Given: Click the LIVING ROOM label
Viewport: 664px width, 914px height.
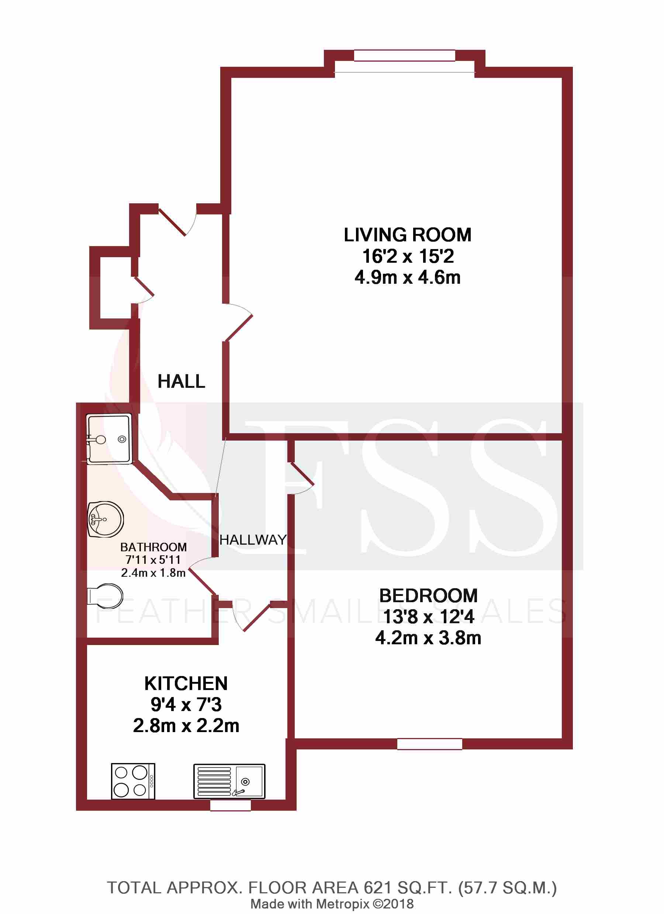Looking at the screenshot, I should coord(407,235).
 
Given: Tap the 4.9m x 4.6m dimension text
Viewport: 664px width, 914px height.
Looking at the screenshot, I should coord(407,277).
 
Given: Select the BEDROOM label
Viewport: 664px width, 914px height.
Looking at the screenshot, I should coord(428,596).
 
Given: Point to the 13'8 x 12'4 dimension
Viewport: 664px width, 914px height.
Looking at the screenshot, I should coord(428,617).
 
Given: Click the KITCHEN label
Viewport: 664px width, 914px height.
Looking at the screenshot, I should coord(186,683).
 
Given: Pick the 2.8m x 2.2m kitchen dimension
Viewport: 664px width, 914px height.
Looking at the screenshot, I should coord(186,726).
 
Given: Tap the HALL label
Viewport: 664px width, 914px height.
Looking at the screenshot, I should coord(181,381).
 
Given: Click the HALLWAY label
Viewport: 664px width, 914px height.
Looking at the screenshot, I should coord(253,539).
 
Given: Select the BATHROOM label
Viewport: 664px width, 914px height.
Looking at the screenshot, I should coord(153,547).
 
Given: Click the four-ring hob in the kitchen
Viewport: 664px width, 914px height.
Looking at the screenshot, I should coord(133,781).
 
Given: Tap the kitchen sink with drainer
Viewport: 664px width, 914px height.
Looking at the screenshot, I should coord(229,781).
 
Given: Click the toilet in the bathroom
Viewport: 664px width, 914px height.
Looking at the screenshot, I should coord(106,596).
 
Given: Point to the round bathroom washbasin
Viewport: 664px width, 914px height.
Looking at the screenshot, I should coord(106,519).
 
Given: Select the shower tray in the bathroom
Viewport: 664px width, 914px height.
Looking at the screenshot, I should coord(109,439).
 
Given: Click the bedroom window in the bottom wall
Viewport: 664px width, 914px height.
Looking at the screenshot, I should coord(429,744).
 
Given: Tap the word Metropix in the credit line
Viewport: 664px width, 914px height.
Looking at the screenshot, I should coord(342,904).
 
